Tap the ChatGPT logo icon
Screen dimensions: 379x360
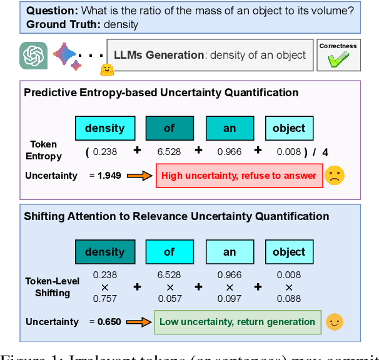(31, 55)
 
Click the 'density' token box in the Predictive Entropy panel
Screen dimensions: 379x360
(104, 128)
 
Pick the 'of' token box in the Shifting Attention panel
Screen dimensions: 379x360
(169, 252)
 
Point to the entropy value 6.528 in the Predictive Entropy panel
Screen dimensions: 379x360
(169, 151)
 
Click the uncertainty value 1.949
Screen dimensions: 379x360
(110, 176)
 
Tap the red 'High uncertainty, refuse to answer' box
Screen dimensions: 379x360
(239, 176)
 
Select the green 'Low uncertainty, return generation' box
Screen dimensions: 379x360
(237, 322)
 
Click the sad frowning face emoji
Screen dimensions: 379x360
(335, 176)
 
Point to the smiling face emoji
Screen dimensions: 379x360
(335, 322)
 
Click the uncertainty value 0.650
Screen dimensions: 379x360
(110, 322)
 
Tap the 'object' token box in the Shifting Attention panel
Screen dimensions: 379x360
(289, 252)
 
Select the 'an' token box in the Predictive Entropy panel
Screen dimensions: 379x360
(230, 128)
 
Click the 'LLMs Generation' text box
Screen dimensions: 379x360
(209, 55)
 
